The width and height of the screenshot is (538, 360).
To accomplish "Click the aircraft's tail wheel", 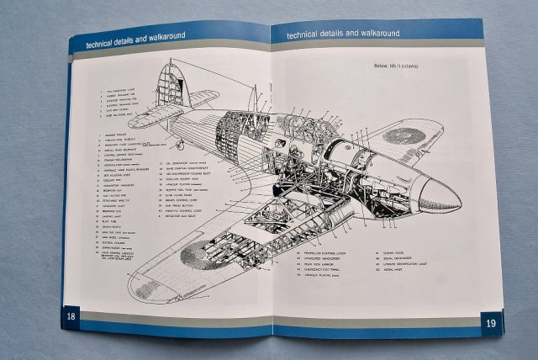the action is click(x=178, y=145).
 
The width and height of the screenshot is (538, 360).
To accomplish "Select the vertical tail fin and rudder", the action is click(x=169, y=87).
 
